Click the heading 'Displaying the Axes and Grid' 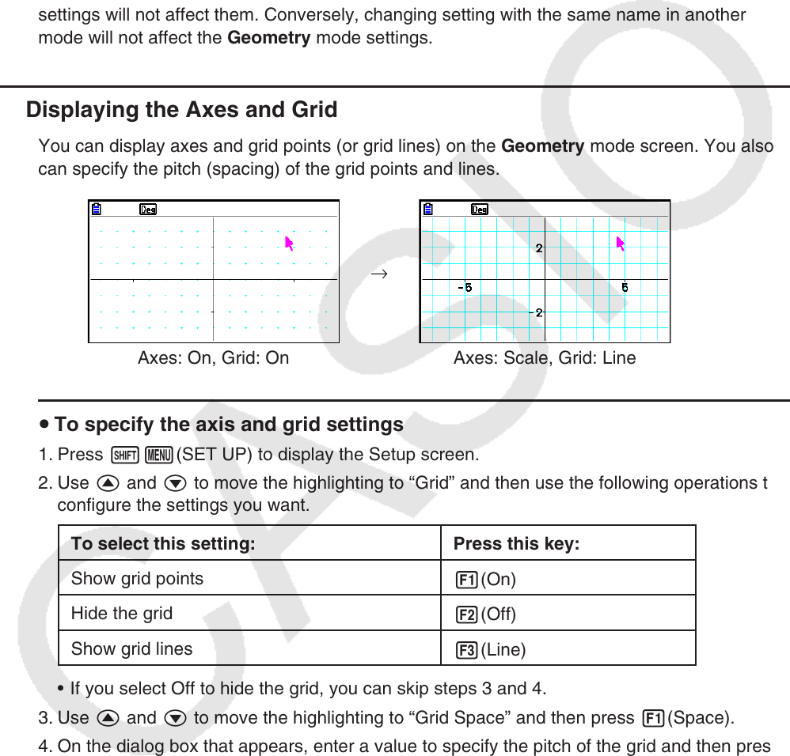181,110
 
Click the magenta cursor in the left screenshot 290,243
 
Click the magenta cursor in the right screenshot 621,243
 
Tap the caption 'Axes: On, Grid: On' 213,358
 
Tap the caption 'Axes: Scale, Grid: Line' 545,358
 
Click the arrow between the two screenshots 379,274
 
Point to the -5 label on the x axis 465,287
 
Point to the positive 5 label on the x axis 625,287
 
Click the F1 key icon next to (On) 465,580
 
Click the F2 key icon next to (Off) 465,614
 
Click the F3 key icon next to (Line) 465,650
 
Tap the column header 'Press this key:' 516,544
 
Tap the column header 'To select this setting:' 163,544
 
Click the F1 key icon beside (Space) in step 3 653,719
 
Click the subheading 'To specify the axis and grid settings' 229,425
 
